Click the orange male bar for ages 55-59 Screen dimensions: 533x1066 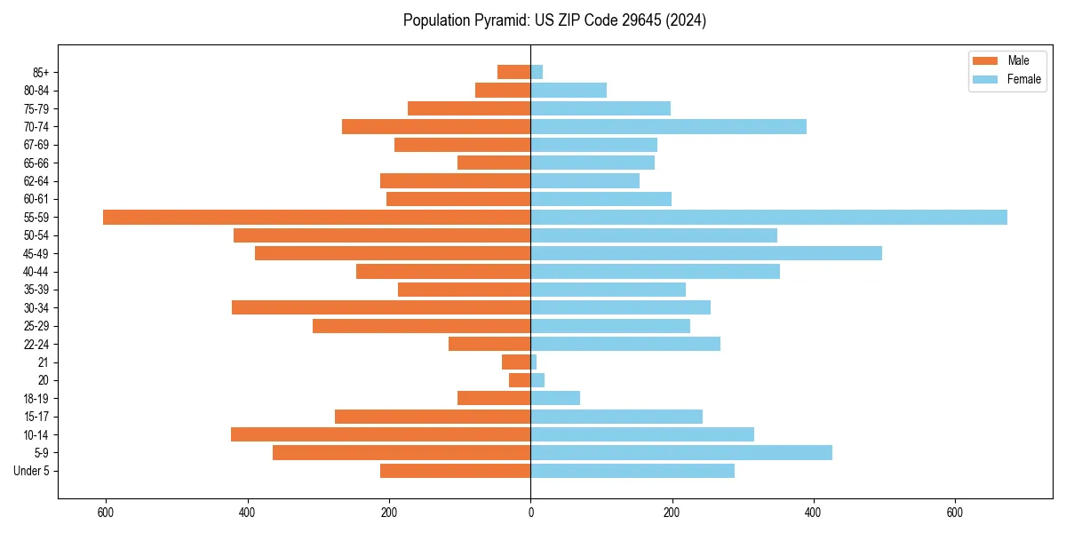tap(316, 218)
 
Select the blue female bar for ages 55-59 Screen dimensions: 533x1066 tap(768, 218)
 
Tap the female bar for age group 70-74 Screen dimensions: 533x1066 tap(668, 127)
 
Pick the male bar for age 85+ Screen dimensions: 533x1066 tap(514, 72)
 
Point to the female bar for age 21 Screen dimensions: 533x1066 tap(534, 362)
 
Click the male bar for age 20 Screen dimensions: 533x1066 tap(520, 380)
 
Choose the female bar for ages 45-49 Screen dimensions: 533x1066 tap(706, 254)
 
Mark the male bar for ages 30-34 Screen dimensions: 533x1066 tap(381, 308)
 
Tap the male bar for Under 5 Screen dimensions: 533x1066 tap(455, 471)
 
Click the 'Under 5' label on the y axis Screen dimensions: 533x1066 tap(31, 471)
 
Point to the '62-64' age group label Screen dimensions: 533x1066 tap(36, 181)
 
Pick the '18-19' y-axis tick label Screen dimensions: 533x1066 tap(36, 399)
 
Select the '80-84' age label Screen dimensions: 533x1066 tap(36, 91)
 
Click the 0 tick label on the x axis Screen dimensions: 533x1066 tap(530, 513)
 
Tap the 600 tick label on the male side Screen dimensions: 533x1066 tap(106, 513)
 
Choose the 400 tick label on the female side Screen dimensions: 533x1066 tap(813, 513)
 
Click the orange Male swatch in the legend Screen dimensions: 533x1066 tap(985, 60)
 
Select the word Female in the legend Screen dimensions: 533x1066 tap(1023, 79)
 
